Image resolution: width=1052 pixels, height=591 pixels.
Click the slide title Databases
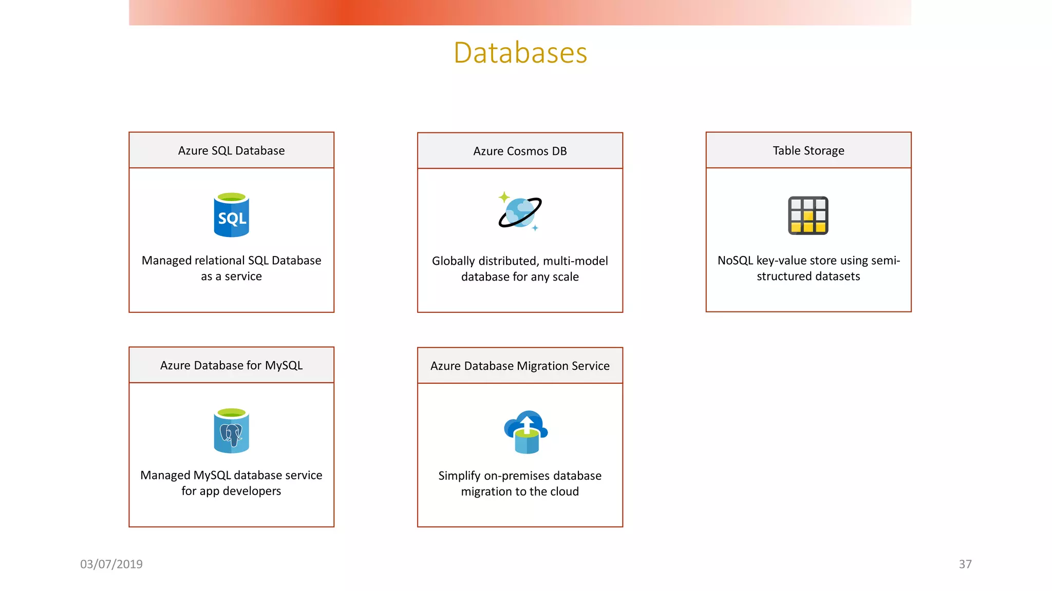(x=520, y=52)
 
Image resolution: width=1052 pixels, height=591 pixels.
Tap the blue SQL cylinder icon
(x=231, y=215)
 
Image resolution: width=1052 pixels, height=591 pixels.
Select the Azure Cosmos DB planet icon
(x=520, y=212)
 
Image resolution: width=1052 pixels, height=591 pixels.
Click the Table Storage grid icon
(x=808, y=215)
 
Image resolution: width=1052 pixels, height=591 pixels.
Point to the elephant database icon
(x=231, y=431)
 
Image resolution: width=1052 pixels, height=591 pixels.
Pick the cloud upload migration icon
(x=526, y=432)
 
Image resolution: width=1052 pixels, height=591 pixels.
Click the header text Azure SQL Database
(x=231, y=150)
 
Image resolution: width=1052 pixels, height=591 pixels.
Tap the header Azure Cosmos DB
(x=520, y=151)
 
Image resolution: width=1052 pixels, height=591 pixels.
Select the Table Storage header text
(x=808, y=150)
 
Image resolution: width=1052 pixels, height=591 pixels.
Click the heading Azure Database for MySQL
(x=231, y=365)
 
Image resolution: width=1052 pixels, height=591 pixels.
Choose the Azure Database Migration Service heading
(x=520, y=366)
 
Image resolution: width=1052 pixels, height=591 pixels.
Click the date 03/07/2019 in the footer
(x=111, y=564)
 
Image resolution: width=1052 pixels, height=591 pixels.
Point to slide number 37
(x=965, y=564)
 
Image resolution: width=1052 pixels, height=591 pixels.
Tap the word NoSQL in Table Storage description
(x=735, y=261)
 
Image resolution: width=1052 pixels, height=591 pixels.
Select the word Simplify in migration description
(x=459, y=476)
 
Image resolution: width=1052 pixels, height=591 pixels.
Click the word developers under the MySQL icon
(x=252, y=491)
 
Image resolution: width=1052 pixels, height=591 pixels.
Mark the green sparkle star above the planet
(x=504, y=197)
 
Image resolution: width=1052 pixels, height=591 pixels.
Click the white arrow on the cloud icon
(x=527, y=424)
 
